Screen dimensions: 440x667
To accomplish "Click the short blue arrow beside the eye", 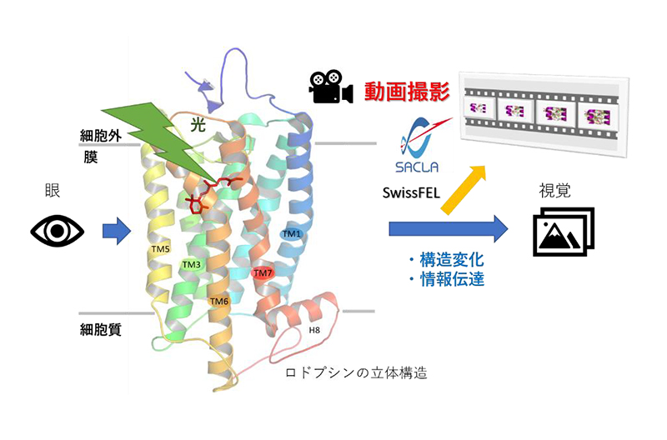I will [x=116, y=231].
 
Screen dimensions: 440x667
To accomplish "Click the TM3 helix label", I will [x=192, y=265].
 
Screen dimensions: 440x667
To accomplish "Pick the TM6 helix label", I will [x=218, y=300].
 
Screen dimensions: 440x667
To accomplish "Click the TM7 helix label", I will [x=262, y=272].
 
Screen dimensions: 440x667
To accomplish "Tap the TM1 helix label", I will [x=291, y=234].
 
